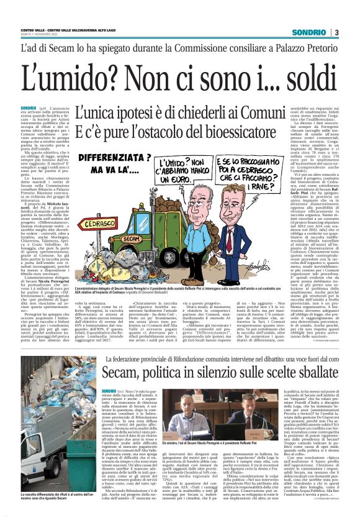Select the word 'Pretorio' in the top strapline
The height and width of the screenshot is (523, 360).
click(312, 47)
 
